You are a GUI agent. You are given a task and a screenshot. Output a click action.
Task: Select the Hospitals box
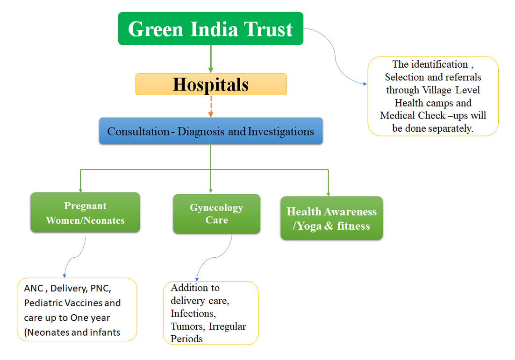(211, 85)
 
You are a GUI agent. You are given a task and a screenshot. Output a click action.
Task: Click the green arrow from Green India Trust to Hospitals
(210, 59)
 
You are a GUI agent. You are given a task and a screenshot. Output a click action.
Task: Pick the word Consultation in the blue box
(138, 131)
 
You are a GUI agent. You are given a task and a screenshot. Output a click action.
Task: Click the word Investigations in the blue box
(281, 131)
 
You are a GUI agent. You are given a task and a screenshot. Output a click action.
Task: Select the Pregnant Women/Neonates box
(85, 212)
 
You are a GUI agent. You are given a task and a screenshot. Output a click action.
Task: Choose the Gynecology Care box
(216, 214)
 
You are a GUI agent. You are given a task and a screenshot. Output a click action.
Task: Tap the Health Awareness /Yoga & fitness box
(331, 218)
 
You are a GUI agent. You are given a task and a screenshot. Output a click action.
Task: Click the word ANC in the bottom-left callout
(34, 288)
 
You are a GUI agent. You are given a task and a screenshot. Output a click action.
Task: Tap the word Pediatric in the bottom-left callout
(43, 303)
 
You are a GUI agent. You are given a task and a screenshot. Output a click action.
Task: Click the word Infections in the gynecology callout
(193, 314)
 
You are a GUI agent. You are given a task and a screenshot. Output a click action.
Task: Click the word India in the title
(214, 29)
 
